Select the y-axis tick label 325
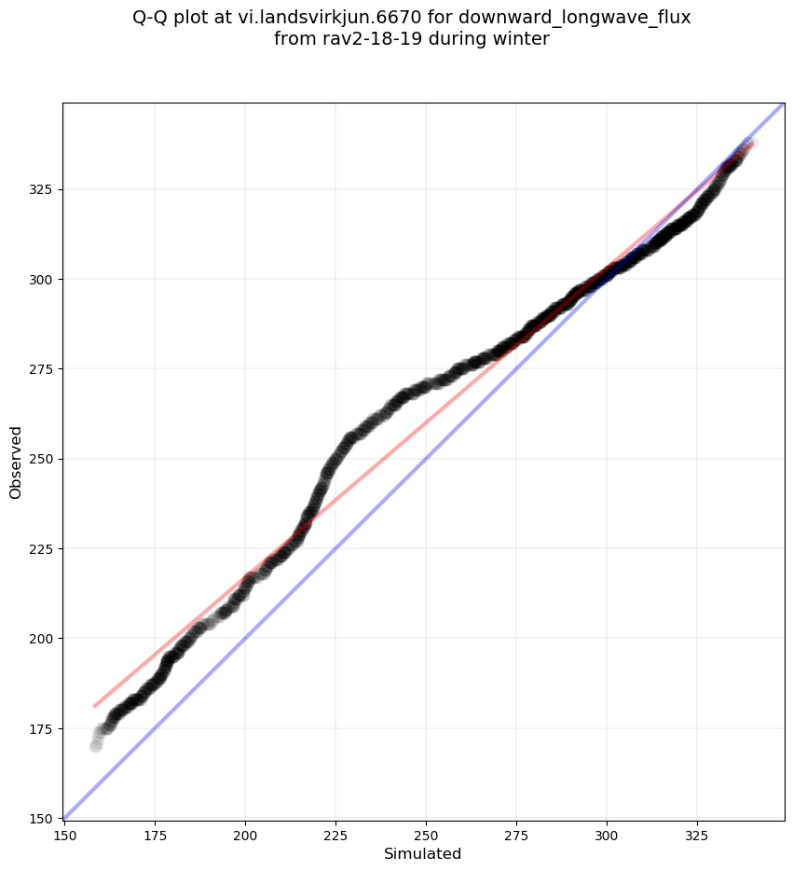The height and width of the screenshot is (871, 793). click(x=42, y=189)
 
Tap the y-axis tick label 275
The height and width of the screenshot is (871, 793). click(x=42, y=369)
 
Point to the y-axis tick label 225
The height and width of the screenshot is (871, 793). click(x=42, y=549)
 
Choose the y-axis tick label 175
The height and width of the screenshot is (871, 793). click(x=42, y=728)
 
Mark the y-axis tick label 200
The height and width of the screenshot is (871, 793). click(x=42, y=639)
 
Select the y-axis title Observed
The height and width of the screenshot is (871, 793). click(x=16, y=462)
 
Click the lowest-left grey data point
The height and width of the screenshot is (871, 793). click(x=96, y=746)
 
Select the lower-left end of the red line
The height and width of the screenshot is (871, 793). click(x=94, y=706)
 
